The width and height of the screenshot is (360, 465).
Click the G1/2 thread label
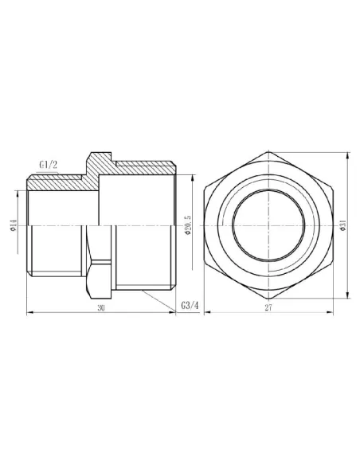point(49,166)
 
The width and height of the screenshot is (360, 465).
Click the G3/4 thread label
point(168,306)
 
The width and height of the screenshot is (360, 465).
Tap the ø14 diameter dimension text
point(14,229)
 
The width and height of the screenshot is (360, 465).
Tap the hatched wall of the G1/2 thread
point(60,182)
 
